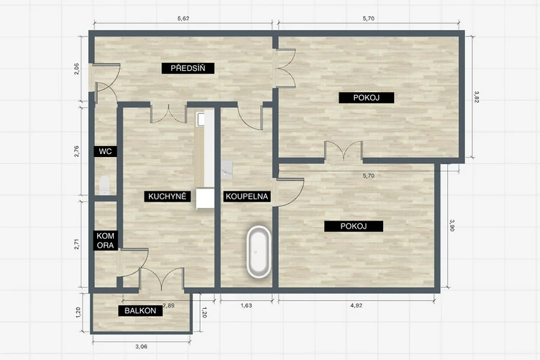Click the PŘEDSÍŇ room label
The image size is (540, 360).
click(188, 68)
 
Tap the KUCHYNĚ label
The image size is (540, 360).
click(167, 196)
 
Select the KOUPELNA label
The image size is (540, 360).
click(247, 196)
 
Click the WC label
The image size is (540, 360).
click(105, 151)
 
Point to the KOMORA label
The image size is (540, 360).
click(105, 240)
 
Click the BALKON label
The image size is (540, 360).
click(141, 310)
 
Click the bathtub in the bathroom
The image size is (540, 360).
click(258, 252)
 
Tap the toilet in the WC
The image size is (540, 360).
click(104, 185)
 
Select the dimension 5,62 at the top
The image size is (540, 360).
click(183, 18)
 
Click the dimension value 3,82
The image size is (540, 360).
click(477, 97)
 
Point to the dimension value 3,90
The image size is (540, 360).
click(452, 226)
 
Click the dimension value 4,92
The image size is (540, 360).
click(356, 305)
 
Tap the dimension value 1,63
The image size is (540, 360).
click(246, 305)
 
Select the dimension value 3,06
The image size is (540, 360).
click(141, 347)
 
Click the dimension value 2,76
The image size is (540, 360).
click(77, 152)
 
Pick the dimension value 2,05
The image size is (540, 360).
click(77, 69)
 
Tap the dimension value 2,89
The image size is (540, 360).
click(169, 305)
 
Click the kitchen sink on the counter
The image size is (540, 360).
click(201, 119)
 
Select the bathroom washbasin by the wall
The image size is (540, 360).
click(228, 168)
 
